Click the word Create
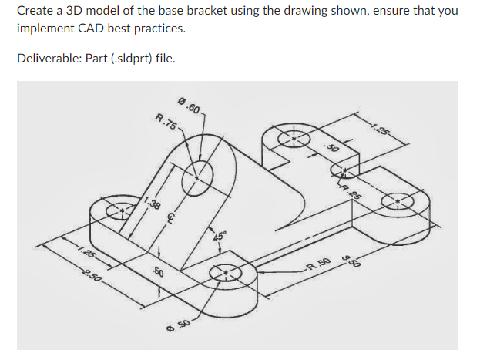click(x=34, y=12)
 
